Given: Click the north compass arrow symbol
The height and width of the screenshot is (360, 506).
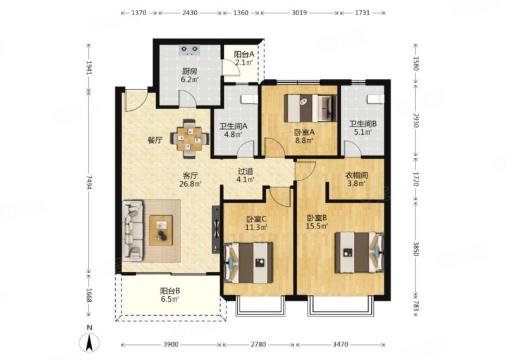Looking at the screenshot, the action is click(x=89, y=342).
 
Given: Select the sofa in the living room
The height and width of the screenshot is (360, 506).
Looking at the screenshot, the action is click(x=133, y=230).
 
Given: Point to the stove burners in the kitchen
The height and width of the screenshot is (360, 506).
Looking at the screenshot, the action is click(x=189, y=50).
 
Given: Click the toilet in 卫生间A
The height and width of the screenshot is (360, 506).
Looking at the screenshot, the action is click(x=250, y=99).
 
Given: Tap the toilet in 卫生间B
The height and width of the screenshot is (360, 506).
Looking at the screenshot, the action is click(x=376, y=99).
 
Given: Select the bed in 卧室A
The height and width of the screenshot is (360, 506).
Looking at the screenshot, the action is click(x=311, y=108).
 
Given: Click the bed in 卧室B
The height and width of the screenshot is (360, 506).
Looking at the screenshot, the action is click(x=359, y=252).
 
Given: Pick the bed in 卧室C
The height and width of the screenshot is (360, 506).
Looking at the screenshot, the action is click(x=249, y=263).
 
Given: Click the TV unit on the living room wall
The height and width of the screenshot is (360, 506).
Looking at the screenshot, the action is click(x=216, y=230).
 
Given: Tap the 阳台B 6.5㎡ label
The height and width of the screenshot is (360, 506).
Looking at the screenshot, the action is click(x=170, y=295).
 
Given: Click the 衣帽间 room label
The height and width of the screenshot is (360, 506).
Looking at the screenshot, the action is click(x=357, y=176).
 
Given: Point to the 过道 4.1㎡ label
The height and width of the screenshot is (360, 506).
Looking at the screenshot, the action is click(x=245, y=176).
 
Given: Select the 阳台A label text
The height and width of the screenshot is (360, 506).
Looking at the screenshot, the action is click(x=244, y=54).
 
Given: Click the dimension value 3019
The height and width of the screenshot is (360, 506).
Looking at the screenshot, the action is click(x=300, y=13).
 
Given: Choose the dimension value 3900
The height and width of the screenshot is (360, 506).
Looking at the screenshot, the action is click(x=170, y=345).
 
